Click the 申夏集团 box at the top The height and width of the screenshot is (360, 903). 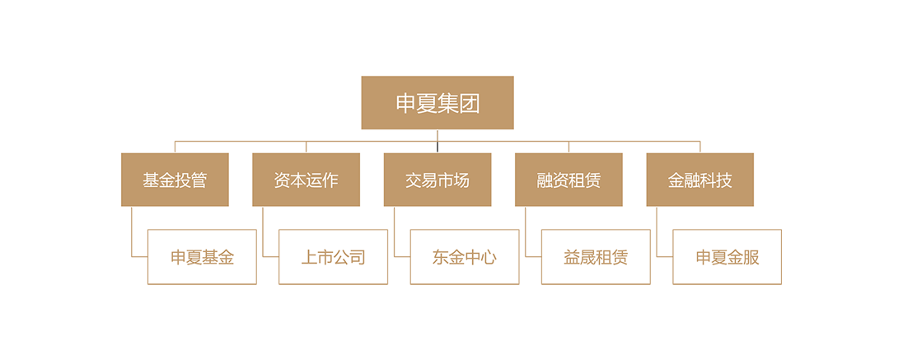437,103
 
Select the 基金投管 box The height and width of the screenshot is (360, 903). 175,180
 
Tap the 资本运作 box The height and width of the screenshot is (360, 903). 306,180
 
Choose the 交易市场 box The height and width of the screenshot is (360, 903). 437,180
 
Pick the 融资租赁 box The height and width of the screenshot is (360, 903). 568,180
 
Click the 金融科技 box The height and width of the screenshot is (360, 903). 699,180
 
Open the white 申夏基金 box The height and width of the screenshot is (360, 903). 202,257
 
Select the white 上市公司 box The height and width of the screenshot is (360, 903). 333,257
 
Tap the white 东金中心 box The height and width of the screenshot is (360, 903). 465,257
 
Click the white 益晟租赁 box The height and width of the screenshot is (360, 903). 596,257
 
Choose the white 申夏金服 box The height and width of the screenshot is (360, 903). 727,257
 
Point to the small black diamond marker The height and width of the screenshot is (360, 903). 437,147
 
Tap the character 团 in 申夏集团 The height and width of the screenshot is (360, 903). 470,104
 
